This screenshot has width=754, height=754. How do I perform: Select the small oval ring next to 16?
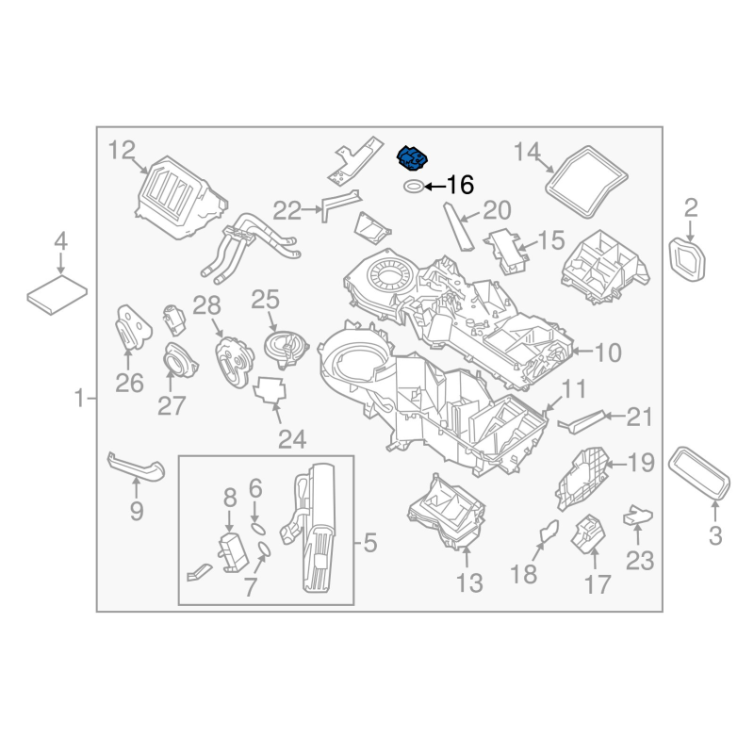tap(413, 187)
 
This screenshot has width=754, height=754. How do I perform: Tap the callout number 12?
tap(123, 149)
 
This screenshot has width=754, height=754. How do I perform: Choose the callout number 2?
tap(691, 207)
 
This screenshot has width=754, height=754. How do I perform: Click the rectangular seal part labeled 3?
tap(701, 473)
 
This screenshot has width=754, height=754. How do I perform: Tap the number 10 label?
tap(608, 353)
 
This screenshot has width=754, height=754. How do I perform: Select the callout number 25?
tap(266, 300)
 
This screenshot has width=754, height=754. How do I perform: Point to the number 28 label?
tap(206, 304)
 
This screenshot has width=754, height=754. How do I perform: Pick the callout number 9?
tap(137, 512)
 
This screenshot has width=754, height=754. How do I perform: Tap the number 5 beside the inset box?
tap(369, 543)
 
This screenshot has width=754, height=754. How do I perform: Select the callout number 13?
tap(468, 583)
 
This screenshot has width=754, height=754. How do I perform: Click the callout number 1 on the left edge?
tap(80, 400)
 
